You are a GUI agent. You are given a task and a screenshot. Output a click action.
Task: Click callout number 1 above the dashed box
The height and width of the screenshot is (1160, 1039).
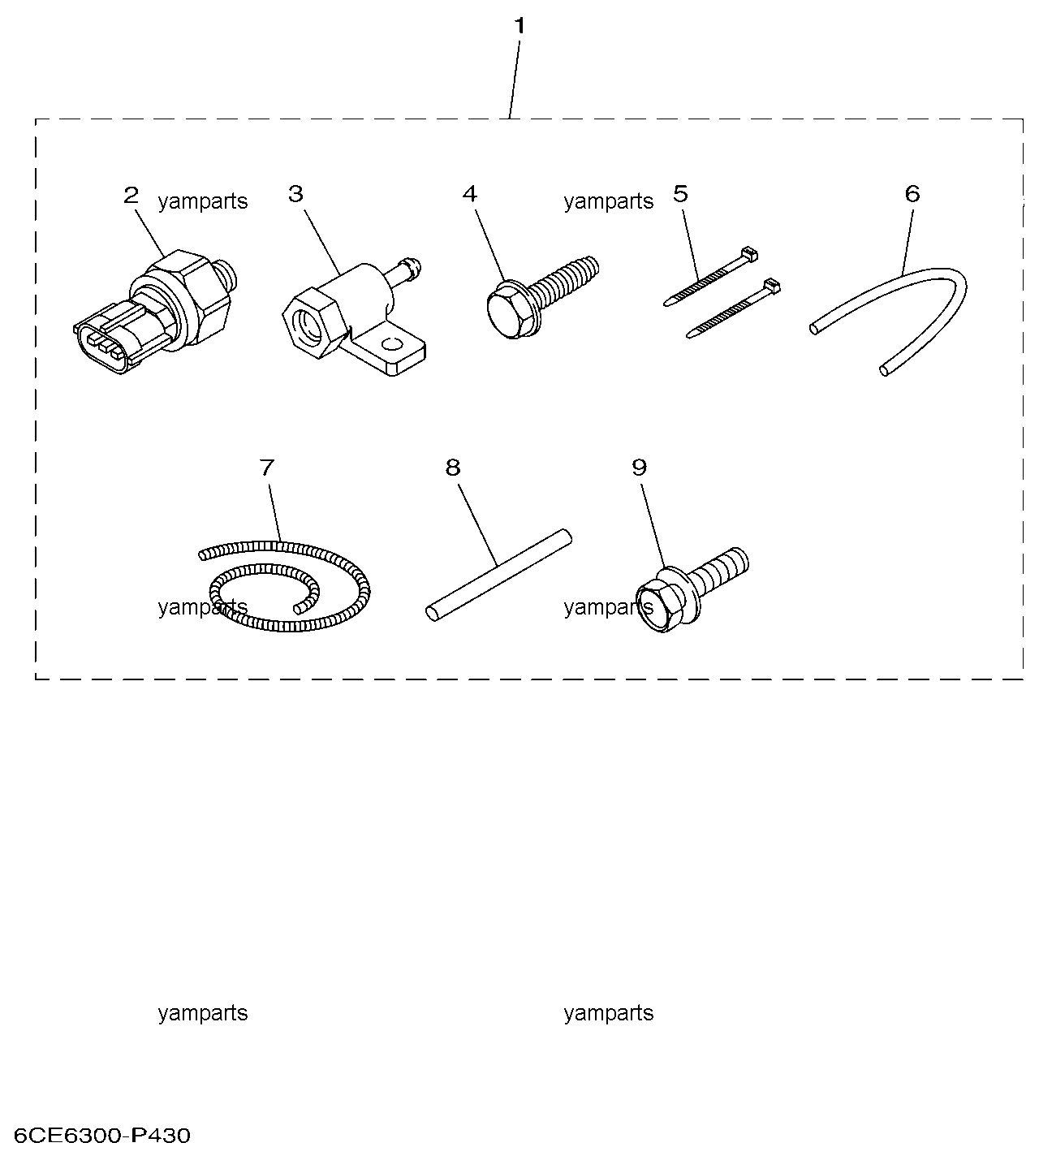[519, 26]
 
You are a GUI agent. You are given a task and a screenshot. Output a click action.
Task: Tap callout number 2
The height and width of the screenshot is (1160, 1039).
[131, 196]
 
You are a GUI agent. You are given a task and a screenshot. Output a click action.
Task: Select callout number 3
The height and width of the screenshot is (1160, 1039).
[295, 194]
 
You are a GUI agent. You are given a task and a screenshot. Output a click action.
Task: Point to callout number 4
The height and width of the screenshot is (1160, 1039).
[469, 194]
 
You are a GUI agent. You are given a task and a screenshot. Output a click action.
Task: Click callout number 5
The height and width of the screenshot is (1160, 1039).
[680, 194]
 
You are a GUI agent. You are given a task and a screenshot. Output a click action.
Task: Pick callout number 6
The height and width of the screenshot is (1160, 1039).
[912, 194]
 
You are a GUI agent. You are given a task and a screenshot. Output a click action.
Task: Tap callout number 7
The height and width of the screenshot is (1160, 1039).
[267, 468]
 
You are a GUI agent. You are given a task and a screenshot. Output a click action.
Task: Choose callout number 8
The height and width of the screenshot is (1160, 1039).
[452, 468]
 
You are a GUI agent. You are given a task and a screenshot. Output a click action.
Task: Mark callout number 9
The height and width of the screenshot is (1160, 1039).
[639, 468]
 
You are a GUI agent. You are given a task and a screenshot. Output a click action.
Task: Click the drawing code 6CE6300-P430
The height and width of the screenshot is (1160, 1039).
[102, 1136]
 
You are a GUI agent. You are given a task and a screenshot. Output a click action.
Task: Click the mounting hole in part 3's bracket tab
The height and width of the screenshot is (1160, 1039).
[392, 345]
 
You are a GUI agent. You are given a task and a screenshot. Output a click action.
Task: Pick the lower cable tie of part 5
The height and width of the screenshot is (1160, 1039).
[733, 308]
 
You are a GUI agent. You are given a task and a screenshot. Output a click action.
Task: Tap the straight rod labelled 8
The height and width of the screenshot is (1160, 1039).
[498, 574]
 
